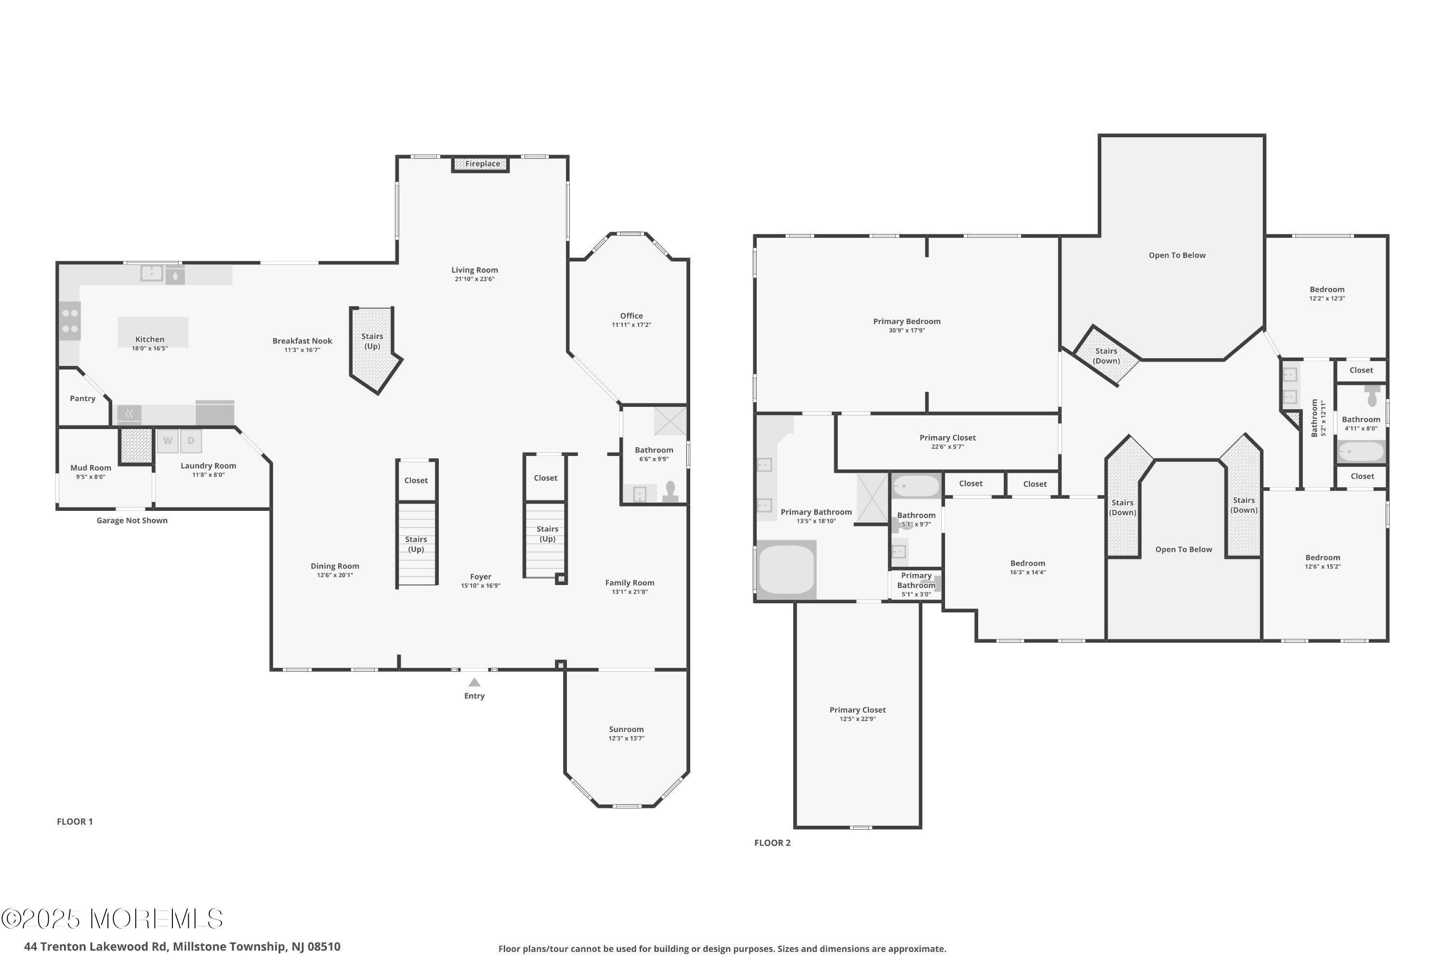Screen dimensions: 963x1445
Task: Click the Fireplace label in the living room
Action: click(482, 164)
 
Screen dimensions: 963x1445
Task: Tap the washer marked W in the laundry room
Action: click(167, 441)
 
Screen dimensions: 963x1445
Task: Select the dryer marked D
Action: click(191, 441)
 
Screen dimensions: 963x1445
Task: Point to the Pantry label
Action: click(82, 399)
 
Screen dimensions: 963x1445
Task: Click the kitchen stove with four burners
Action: click(70, 321)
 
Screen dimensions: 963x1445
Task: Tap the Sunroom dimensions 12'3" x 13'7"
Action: click(626, 738)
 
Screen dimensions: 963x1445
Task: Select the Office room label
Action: click(631, 316)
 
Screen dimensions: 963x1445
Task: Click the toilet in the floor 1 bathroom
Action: click(670, 491)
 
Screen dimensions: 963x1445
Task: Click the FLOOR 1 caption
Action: click(74, 822)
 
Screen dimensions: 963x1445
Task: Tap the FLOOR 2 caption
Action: click(772, 843)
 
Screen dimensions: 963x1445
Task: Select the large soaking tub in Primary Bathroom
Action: click(787, 570)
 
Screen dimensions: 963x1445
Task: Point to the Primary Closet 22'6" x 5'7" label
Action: click(947, 438)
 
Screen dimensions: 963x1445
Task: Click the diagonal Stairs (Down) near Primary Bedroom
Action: click(1106, 356)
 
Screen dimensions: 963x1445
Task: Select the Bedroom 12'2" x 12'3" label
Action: click(1327, 289)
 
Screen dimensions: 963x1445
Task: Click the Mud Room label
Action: click(91, 468)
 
